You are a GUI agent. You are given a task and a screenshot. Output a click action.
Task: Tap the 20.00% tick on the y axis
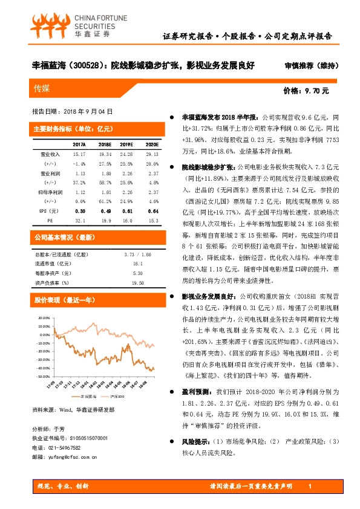(44, 317)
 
